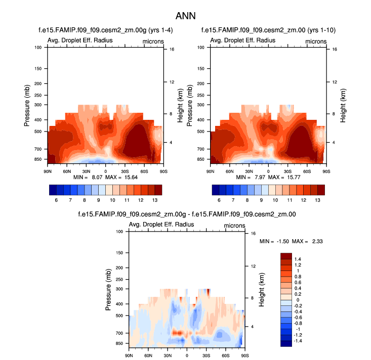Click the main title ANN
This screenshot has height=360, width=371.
pyautogui.click(x=185, y=16)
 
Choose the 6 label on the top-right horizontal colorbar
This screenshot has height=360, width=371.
pyautogui.click(x=219, y=200)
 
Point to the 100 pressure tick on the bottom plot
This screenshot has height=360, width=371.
pyautogui.click(x=120, y=232)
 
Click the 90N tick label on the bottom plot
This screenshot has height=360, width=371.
pyautogui.click(x=129, y=356)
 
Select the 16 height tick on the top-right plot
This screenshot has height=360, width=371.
pyautogui.click(x=328, y=49)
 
